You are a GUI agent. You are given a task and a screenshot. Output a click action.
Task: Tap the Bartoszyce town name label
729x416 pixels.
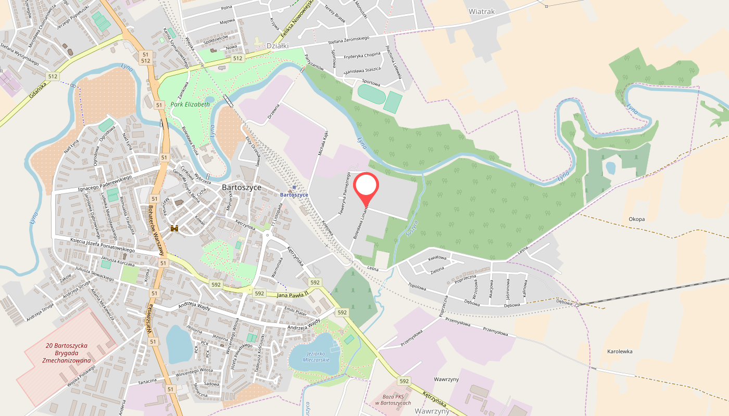pyautogui.click(x=241, y=187)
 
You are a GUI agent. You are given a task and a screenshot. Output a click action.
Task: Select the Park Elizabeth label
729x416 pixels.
pyautogui.click(x=190, y=105)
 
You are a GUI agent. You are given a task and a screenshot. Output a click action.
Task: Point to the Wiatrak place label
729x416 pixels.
pyautogui.click(x=481, y=11)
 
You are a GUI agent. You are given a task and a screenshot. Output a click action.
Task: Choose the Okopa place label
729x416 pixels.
pyautogui.click(x=636, y=219)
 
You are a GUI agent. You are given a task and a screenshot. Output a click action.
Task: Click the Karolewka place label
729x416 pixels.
pyautogui.click(x=620, y=352)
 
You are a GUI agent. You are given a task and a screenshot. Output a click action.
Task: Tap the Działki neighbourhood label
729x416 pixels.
pyautogui.click(x=278, y=46)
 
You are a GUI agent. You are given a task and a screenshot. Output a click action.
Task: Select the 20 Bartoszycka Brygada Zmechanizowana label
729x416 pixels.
pyautogui.click(x=67, y=353)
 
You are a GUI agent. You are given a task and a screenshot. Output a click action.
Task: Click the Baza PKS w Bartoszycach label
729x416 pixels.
pyautogui.click(x=393, y=400)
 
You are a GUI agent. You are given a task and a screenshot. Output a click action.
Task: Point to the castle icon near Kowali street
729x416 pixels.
pyautogui.click(x=174, y=228)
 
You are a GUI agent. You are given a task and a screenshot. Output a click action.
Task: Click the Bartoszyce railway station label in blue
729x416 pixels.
pyautogui.click(x=294, y=195)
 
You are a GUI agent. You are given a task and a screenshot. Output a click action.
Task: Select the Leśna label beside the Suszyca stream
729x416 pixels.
pyautogui.click(x=372, y=269)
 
